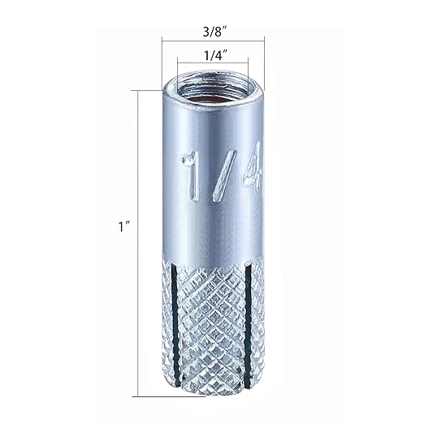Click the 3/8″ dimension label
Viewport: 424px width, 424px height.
[214, 32]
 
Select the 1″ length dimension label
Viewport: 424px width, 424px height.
[124, 227]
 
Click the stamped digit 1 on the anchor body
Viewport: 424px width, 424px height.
[191, 175]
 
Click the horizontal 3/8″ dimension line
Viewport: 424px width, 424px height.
[213, 41]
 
